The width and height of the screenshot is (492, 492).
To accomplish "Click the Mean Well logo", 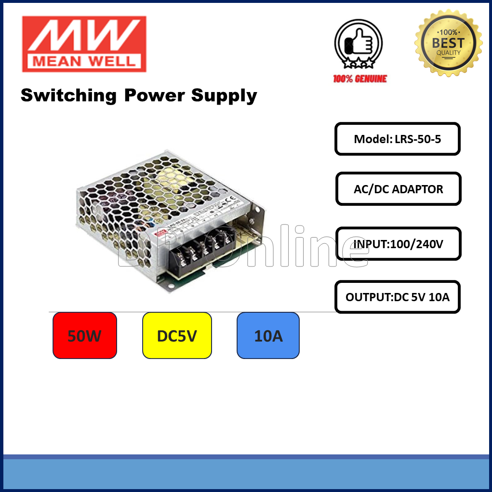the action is coord(84,44).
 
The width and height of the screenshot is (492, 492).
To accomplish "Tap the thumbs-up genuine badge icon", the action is coord(359,44).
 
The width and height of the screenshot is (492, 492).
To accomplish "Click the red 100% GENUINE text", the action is coord(360,79).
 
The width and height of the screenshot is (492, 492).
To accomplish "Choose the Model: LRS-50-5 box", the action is coord(398,139).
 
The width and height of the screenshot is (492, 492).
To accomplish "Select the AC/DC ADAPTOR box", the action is coord(398,189).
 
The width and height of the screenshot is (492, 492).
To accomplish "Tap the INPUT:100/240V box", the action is coord(398,244).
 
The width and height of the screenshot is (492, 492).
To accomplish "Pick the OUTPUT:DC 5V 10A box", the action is coord(398,297).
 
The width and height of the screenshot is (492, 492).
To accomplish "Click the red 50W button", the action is coord(85,336).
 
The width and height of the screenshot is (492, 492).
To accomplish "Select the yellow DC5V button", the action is coord(177,336).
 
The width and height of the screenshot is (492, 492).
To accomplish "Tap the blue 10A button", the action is coord(268,336).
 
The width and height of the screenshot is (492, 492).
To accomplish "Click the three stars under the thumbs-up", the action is coord(359,63).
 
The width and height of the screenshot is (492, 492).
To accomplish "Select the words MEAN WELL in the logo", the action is coord(84,62).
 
